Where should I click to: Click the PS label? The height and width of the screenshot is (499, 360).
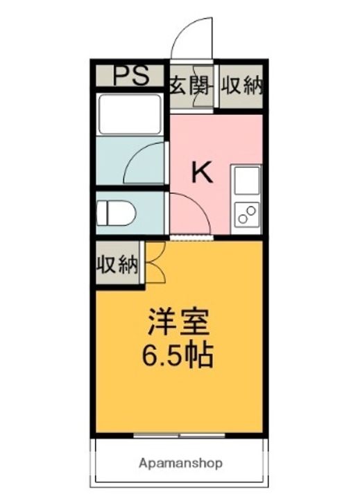click(x=131, y=76)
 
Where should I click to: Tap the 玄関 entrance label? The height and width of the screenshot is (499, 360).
click(x=190, y=85)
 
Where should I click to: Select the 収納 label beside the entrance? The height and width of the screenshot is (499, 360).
click(x=242, y=85)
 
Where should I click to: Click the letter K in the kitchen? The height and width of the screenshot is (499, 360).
click(x=202, y=172)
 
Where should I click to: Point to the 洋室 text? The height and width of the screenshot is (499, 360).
click(x=178, y=322)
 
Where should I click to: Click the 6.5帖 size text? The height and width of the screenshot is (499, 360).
click(x=177, y=356)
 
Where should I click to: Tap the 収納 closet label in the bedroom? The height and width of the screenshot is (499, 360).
click(x=117, y=264)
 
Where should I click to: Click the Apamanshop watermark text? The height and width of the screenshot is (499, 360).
click(x=180, y=463)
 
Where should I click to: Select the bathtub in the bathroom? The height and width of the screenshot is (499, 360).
click(x=130, y=114)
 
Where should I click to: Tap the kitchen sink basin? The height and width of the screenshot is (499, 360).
click(x=247, y=181)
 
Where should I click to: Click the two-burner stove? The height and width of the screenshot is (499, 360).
click(x=247, y=215)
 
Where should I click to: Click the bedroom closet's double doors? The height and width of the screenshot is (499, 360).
click(x=155, y=262)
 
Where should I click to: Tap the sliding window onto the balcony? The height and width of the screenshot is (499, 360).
click(x=179, y=435)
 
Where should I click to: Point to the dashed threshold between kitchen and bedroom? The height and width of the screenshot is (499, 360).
click(x=191, y=238)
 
